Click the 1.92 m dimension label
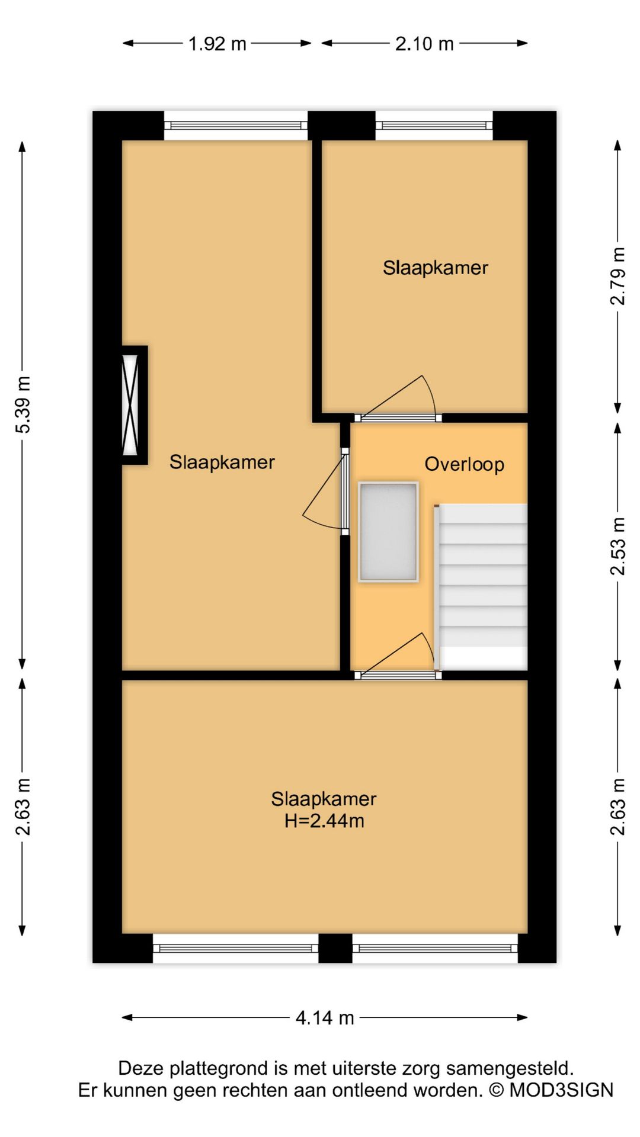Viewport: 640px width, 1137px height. (217, 44)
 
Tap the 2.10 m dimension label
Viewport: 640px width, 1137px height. (424, 44)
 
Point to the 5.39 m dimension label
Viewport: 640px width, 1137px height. (23, 404)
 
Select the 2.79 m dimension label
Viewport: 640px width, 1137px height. (617, 276)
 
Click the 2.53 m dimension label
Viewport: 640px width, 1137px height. (617, 546)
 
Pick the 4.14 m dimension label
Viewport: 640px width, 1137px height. (325, 1018)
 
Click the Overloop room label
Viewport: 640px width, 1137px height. (465, 464)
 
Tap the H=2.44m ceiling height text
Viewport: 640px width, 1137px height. (324, 821)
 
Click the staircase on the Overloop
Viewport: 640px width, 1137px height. (481, 586)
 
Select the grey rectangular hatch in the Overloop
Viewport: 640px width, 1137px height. (389, 532)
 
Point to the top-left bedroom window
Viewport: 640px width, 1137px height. (236, 126)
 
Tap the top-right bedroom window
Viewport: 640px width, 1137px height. (434, 126)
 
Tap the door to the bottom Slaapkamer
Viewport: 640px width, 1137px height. (398, 656)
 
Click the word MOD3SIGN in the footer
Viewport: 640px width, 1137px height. (561, 1090)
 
